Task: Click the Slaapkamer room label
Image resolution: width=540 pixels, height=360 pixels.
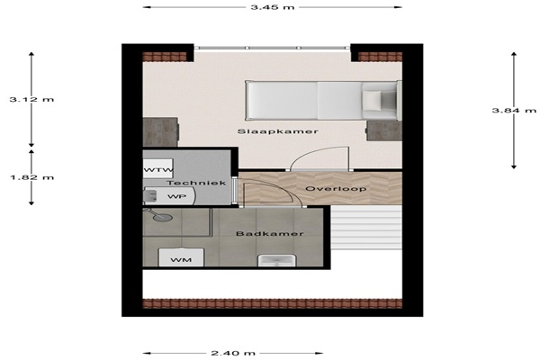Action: click(x=277, y=131)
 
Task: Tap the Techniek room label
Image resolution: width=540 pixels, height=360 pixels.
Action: click(x=196, y=183)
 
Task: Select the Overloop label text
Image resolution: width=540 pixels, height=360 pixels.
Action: click(x=336, y=189)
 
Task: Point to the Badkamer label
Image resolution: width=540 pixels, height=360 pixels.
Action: click(x=270, y=234)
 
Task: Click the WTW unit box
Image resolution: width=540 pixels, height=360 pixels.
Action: click(x=157, y=169)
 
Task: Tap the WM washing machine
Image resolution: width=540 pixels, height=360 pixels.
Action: click(x=181, y=257)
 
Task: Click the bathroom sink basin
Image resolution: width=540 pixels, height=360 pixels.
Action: click(x=277, y=260)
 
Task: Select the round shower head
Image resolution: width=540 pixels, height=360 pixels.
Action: click(x=163, y=218)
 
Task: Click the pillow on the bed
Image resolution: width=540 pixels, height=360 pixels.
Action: click(x=372, y=100)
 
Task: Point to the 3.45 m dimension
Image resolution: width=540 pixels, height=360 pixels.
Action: click(x=273, y=7)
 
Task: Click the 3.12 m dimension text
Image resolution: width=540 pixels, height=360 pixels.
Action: click(x=31, y=100)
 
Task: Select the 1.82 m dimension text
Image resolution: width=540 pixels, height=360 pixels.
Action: click(x=31, y=178)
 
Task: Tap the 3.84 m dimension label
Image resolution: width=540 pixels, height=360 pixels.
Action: click(x=514, y=110)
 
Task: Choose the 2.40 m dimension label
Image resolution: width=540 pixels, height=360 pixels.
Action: click(x=233, y=353)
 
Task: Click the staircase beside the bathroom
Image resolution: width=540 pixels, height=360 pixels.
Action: click(x=366, y=228)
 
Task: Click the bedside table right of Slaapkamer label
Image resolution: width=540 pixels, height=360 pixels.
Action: click(x=384, y=130)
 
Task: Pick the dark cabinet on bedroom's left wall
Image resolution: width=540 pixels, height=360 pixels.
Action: click(x=160, y=132)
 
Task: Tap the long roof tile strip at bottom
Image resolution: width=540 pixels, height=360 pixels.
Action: click(x=273, y=303)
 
